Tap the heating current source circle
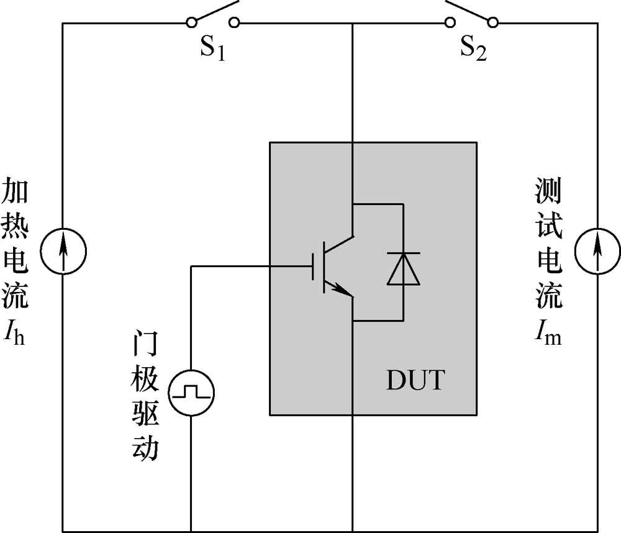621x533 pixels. (x=63, y=251)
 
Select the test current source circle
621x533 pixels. (x=597, y=251)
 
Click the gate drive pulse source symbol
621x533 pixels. (x=192, y=391)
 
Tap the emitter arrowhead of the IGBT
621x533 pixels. (x=339, y=289)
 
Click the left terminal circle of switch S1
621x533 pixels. (x=191, y=23)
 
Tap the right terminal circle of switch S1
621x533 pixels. (x=234, y=23)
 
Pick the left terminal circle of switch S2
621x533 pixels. (x=450, y=23)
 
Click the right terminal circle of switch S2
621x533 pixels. (x=493, y=23)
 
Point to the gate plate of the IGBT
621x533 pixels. (x=313, y=267)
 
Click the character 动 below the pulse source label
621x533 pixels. (x=145, y=449)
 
